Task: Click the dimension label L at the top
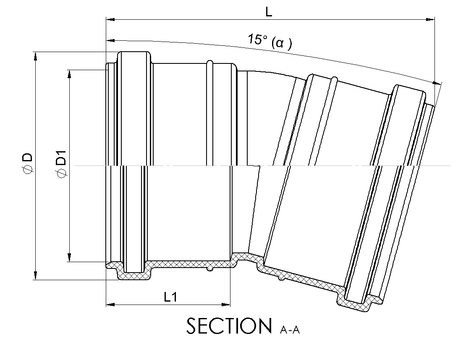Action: point(269,12)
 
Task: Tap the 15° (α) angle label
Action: point(270,42)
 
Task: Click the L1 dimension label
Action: point(170,297)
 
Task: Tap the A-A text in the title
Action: point(290,330)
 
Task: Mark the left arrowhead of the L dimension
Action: point(110,20)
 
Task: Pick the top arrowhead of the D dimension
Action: point(36,56)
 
